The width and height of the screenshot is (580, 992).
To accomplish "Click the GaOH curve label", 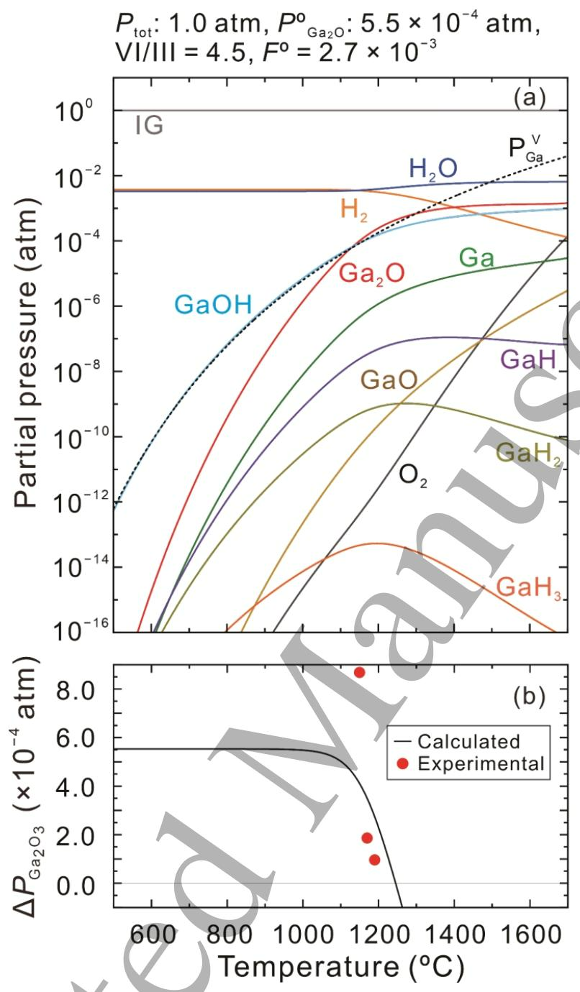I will (213, 306).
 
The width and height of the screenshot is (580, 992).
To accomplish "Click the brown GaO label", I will (389, 380).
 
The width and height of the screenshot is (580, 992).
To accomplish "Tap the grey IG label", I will (149, 127).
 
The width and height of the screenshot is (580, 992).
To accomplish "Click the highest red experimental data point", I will (359, 672).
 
